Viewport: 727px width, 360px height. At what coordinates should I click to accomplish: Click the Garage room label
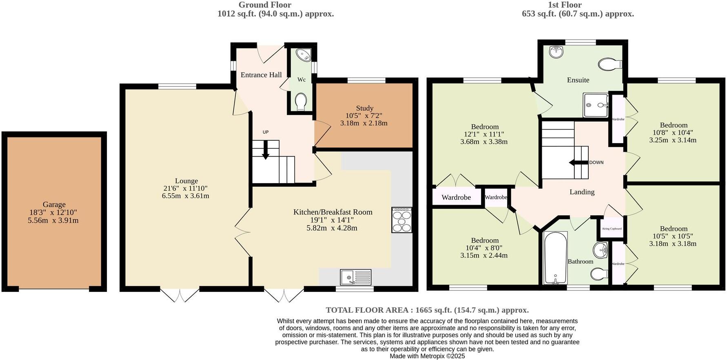pyautogui.click(x=54, y=205)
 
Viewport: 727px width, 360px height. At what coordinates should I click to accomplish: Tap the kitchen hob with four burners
pyautogui.click(x=401, y=220)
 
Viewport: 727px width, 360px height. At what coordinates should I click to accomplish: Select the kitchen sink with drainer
pyautogui.click(x=355, y=277)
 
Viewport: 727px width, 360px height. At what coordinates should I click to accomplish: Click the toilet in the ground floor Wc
pyautogui.click(x=301, y=101)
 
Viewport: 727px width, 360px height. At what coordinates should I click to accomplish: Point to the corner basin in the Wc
pyautogui.click(x=303, y=55)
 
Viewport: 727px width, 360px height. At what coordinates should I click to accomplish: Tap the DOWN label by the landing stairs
pyautogui.click(x=596, y=162)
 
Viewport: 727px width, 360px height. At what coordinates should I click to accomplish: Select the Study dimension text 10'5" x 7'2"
pyautogui.click(x=364, y=116)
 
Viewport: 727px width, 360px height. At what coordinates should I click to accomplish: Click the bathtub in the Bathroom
pyautogui.click(x=555, y=258)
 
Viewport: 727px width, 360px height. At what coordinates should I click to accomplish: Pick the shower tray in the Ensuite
pyautogui.click(x=595, y=105)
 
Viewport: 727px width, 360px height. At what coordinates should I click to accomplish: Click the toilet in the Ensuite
pyautogui.click(x=610, y=64)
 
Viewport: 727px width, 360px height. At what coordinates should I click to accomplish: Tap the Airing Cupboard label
pyautogui.click(x=612, y=229)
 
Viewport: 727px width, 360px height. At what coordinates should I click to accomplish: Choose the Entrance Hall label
pyautogui.click(x=261, y=75)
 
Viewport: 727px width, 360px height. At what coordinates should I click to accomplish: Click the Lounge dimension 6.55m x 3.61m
pyautogui.click(x=186, y=196)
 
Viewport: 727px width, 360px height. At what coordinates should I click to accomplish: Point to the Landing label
pyautogui.click(x=582, y=192)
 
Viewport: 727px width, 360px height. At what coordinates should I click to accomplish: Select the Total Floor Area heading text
pyautogui.click(x=427, y=310)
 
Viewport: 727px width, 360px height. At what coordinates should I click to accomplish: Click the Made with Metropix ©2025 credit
pyautogui.click(x=427, y=356)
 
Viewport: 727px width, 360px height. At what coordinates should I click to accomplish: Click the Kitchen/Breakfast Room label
pyautogui.click(x=332, y=212)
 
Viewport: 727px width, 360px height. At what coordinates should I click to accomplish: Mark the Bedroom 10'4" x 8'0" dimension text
pyautogui.click(x=484, y=248)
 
